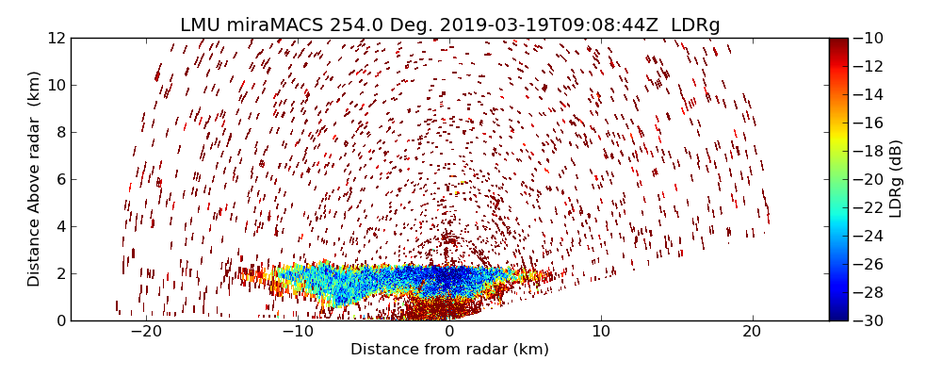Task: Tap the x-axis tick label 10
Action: pyautogui.click(x=600, y=332)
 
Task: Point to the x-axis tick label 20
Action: pyautogui.click(x=752, y=332)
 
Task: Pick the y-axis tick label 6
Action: pyautogui.click(x=60, y=179)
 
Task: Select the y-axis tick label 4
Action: pyautogui.click(x=60, y=226)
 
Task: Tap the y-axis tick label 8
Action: pyautogui.click(x=60, y=132)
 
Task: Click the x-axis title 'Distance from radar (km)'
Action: pyautogui.click(x=449, y=350)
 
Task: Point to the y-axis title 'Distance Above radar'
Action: pyautogui.click(x=35, y=178)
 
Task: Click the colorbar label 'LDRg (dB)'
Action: pyautogui.click(x=896, y=178)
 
